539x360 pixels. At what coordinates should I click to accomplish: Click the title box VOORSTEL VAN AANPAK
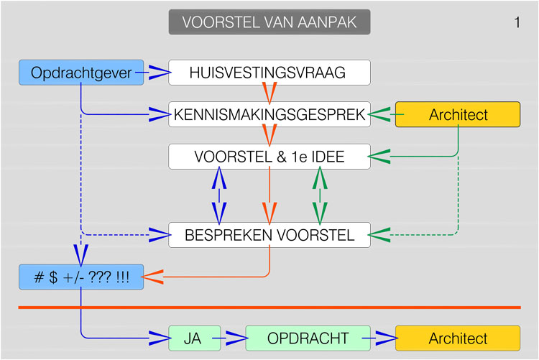point(269,22)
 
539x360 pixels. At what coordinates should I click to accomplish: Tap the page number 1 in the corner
point(517,23)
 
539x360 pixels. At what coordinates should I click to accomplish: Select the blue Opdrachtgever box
point(81,73)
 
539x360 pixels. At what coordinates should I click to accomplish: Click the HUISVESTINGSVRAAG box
point(269,73)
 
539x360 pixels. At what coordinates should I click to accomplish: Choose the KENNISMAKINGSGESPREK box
point(269,114)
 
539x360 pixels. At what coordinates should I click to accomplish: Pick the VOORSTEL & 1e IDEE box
point(269,157)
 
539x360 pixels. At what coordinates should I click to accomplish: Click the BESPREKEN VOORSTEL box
point(269,235)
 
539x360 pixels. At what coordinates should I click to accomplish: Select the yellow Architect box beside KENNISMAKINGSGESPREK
point(457,114)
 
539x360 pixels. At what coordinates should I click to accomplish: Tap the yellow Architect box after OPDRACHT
point(457,338)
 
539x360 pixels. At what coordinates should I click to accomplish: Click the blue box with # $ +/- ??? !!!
point(81,277)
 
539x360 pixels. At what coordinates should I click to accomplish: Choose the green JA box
point(192,338)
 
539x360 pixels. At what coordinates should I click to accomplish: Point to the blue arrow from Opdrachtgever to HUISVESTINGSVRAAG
point(157,73)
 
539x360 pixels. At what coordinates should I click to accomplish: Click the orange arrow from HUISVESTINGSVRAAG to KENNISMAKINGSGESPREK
point(269,93)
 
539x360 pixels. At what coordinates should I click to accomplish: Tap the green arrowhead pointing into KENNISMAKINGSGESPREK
point(381,114)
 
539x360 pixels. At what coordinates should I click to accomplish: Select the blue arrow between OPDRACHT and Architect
point(381,338)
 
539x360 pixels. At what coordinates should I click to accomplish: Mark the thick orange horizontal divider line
point(269,308)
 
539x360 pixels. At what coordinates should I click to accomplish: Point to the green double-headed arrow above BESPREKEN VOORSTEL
point(320,195)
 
